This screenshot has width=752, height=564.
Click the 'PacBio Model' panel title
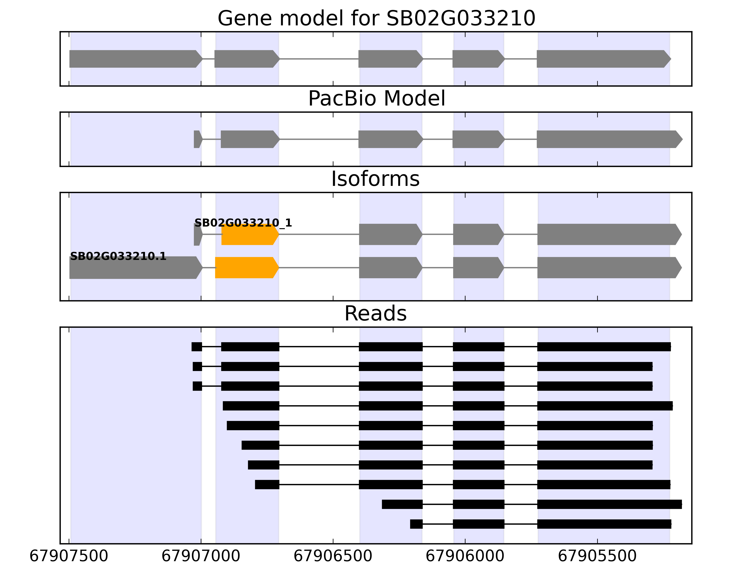click(376, 99)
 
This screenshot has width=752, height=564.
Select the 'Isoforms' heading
click(375, 179)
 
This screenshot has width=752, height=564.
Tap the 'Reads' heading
click(375, 313)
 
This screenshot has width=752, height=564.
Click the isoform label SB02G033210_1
click(243, 223)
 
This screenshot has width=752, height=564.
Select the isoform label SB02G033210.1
click(118, 256)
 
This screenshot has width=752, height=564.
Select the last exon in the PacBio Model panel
click(609, 139)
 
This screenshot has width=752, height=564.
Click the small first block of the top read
click(196, 347)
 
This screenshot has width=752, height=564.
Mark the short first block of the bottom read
click(416, 524)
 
